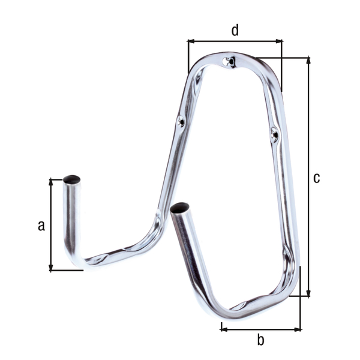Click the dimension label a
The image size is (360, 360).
pyautogui.click(x=41, y=226)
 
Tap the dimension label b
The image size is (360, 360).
pyautogui.click(x=260, y=340)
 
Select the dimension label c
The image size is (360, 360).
pyautogui.click(x=317, y=178)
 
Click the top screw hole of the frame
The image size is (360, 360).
pyautogui.click(x=227, y=61)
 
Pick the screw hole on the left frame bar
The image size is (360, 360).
pyautogui.click(x=181, y=121)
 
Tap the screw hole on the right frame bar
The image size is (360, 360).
pyautogui.click(x=274, y=134)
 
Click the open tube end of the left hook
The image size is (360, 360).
pyautogui.click(x=73, y=178)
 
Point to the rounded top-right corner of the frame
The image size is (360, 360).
pyautogui.click(x=273, y=69)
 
